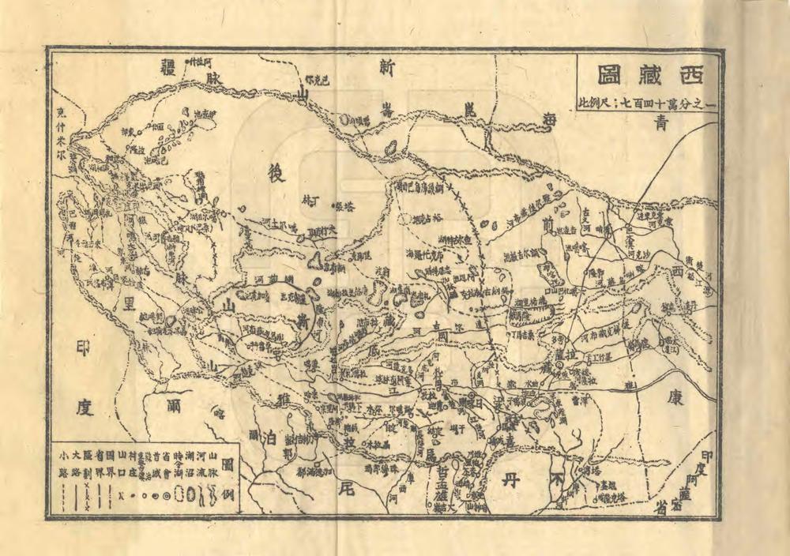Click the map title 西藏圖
[647, 77]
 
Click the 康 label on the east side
[675, 400]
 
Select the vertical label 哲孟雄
[439, 486]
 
